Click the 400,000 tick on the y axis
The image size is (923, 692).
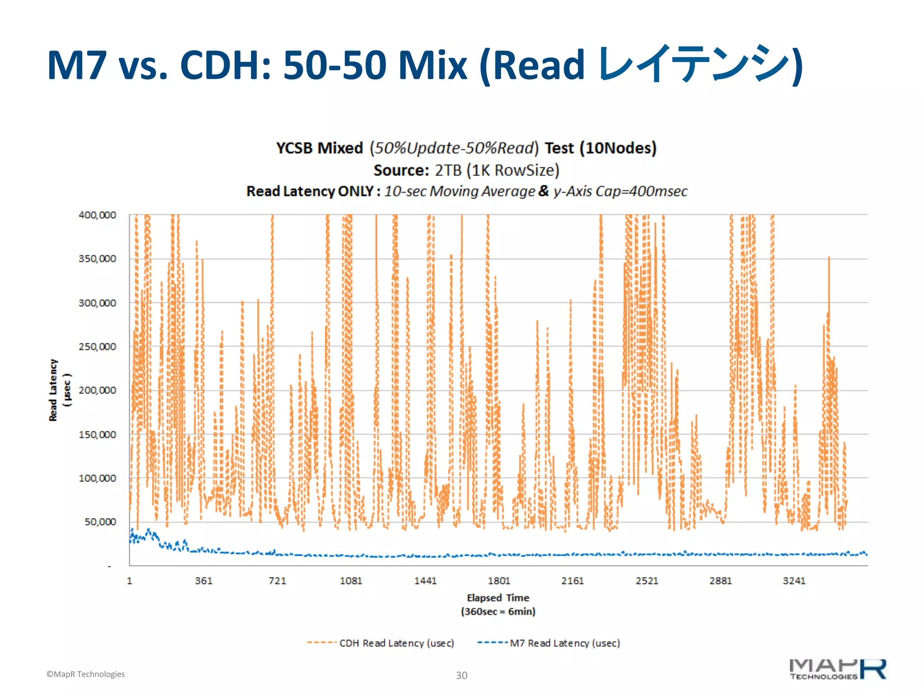97,215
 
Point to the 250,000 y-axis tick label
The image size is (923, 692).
97,347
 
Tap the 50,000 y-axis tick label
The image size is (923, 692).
100,522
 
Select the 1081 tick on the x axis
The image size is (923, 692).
351,581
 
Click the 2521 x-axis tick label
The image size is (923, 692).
647,581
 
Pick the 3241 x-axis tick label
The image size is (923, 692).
794,581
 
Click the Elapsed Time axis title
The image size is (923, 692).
498,598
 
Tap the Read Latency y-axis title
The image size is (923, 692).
53,390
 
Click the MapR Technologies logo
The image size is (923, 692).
837,669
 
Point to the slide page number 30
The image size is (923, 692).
461,675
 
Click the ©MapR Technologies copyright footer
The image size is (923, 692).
86,674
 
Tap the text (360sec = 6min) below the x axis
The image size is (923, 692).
498,612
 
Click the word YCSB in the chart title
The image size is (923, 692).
294,148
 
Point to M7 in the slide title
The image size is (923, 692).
77,65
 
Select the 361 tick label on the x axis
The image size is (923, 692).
203,581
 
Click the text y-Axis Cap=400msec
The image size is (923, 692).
621,191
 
